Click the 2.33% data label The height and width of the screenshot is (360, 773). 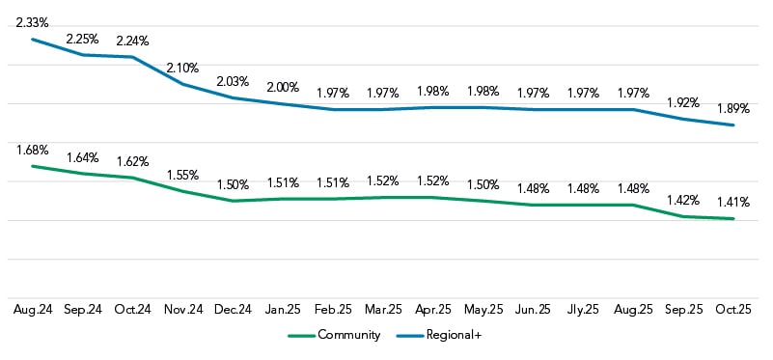pyautogui.click(x=32, y=20)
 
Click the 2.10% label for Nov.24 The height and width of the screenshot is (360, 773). pyautogui.click(x=182, y=68)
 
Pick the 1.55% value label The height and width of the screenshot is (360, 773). pyautogui.click(x=182, y=175)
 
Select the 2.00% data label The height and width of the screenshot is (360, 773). pyautogui.click(x=283, y=86)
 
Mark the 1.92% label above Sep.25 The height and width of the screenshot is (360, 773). pyautogui.click(x=683, y=101)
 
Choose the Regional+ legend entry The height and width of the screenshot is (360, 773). pyautogui.click(x=440, y=335)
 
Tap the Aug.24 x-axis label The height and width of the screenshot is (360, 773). pyautogui.click(x=32, y=310)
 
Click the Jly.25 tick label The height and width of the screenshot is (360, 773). pyautogui.click(x=583, y=310)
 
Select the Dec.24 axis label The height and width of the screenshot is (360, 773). pyautogui.click(x=233, y=310)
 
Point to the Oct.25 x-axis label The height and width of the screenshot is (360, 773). pyautogui.click(x=733, y=310)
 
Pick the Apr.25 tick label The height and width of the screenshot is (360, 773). pyautogui.click(x=432, y=310)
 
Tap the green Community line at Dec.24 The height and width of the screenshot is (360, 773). pyautogui.click(x=233, y=201)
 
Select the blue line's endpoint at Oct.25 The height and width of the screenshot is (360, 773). pyautogui.click(x=733, y=125)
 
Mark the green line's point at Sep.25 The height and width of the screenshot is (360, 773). pyautogui.click(x=683, y=216)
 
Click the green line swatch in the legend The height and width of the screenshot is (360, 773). pyautogui.click(x=302, y=335)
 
